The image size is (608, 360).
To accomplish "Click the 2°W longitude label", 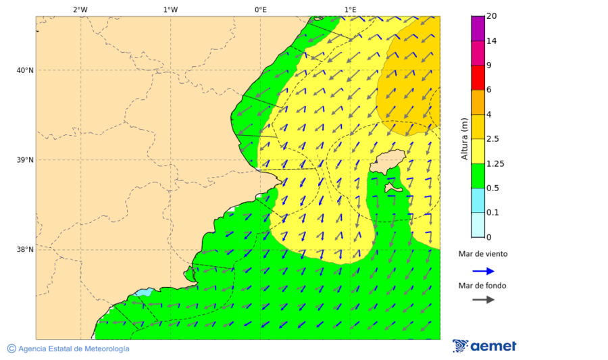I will pyautogui.click(x=80, y=9).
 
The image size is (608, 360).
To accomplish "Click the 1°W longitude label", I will pyautogui.click(x=170, y=9).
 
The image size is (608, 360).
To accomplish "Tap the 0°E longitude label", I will pyautogui.click(x=260, y=9).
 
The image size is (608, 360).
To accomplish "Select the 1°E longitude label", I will pyautogui.click(x=350, y=9).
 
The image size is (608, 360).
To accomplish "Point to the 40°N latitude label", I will pyautogui.click(x=24, y=70).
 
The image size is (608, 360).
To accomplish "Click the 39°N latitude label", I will pyautogui.click(x=24, y=160).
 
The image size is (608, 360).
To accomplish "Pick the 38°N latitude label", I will pyautogui.click(x=24, y=250).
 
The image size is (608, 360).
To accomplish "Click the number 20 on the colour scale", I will pyautogui.click(x=492, y=16).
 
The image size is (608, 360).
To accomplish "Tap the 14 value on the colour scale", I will pyautogui.click(x=492, y=41).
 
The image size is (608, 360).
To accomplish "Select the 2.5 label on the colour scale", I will pyautogui.click(x=493, y=139).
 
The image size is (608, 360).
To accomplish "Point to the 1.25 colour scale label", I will pyautogui.click(x=495, y=163).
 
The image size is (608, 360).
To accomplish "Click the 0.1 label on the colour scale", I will pyautogui.click(x=493, y=213).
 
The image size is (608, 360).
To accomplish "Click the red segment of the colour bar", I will pyautogui.click(x=478, y=78).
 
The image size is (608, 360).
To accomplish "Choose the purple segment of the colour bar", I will pyautogui.click(x=478, y=28).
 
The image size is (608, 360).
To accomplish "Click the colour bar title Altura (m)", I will pyautogui.click(x=464, y=139).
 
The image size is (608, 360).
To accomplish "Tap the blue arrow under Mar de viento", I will pyautogui.click(x=483, y=271).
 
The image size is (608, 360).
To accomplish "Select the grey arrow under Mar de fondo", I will pyautogui.click(x=483, y=299).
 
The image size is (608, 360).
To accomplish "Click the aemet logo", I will pyautogui.click(x=484, y=346).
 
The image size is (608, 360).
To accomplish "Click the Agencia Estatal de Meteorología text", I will pyautogui.click(x=68, y=349).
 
